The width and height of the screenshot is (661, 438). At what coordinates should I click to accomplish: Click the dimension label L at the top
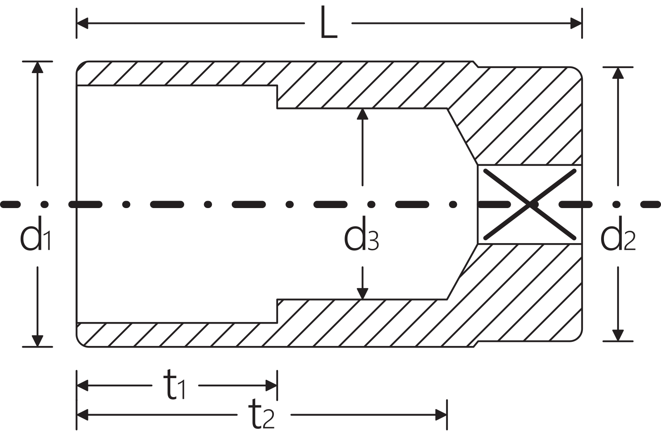tap(328, 23)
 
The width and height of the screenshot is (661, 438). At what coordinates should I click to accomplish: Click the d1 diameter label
tap(36, 233)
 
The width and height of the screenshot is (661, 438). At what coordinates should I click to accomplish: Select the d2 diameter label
tap(618, 233)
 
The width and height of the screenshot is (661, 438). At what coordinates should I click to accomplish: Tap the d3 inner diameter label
tap(361, 233)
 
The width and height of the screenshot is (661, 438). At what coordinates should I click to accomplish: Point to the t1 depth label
tap(176, 385)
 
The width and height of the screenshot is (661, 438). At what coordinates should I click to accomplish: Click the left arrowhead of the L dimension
tap(82, 23)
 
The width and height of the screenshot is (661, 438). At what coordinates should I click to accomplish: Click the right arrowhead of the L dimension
tap(576, 23)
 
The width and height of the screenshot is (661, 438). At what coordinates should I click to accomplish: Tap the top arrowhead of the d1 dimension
tap(38, 67)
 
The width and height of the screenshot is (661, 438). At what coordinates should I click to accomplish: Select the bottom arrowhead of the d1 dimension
tap(38, 341)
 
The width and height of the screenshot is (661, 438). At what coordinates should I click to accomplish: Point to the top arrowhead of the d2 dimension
tap(618, 73)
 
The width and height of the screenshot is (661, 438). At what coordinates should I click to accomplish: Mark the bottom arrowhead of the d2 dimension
tap(618, 335)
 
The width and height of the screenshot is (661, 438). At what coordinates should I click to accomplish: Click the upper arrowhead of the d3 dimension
tap(362, 114)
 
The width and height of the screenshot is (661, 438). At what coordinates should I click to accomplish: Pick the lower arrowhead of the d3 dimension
tap(362, 294)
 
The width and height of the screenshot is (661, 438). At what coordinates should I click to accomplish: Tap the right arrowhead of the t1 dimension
tap(271, 386)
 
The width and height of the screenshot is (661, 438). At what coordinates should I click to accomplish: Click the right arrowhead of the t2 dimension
tap(442, 415)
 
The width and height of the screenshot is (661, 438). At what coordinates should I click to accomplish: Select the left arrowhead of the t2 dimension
tap(82, 415)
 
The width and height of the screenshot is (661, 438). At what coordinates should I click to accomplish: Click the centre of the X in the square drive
tap(530, 204)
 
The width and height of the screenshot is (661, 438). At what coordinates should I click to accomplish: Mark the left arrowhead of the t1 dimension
tap(82, 386)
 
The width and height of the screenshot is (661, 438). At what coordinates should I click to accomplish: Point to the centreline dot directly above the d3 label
tap(371, 204)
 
